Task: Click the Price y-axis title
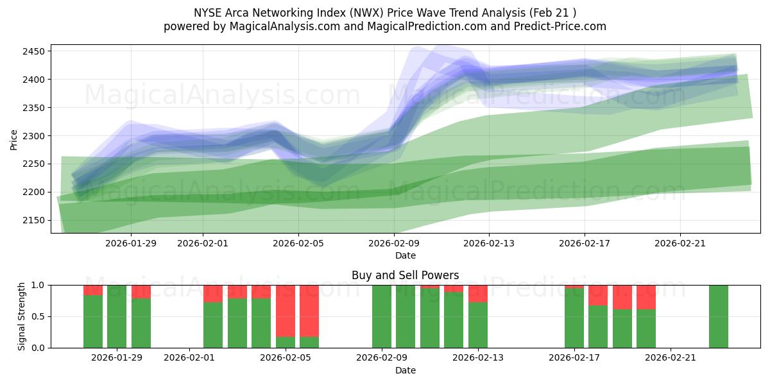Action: tap(14, 139)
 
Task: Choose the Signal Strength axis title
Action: tap(22, 316)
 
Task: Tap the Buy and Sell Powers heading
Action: tap(405, 275)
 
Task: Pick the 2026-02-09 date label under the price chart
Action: tap(394, 243)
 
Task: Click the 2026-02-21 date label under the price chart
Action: tap(680, 243)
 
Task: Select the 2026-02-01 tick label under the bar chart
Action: tap(189, 357)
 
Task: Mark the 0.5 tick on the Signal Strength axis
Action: tap(39, 316)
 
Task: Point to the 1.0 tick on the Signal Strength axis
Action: tap(39, 285)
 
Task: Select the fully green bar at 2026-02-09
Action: tap(382, 316)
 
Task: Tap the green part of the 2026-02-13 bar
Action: tap(478, 325)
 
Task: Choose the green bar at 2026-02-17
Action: tap(574, 318)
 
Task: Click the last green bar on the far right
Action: tap(719, 316)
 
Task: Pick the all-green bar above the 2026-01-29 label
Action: tap(117, 316)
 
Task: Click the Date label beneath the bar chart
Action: tap(405, 370)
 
